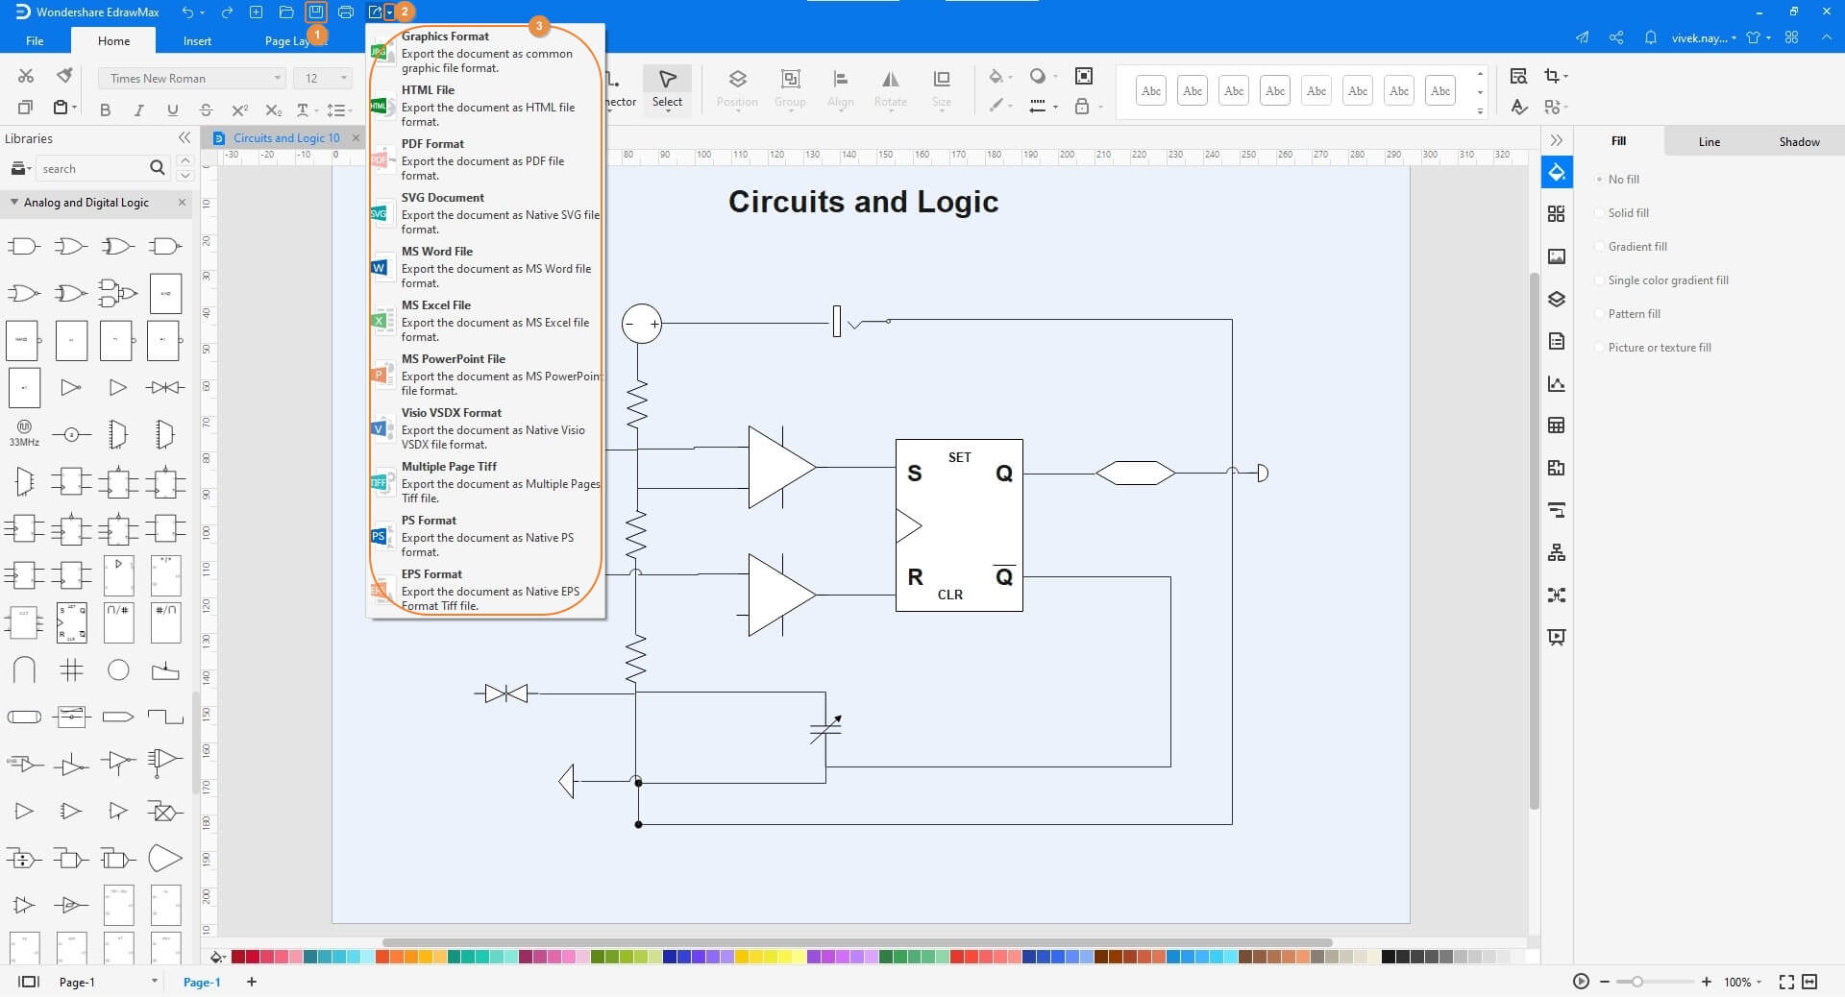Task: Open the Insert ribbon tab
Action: tap(197, 40)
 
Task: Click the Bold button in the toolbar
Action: tap(106, 110)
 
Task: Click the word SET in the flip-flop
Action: tap(959, 457)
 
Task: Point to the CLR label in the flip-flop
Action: tap(949, 595)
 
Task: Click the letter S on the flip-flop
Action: tap(914, 474)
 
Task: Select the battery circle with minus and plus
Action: tap(641, 324)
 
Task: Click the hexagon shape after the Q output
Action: tap(1135, 473)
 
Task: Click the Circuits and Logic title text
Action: tap(863, 202)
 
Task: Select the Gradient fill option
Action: tap(1636, 247)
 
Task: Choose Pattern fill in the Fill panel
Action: tap(1634, 314)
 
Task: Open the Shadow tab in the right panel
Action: tap(1798, 141)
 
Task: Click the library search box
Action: tap(92, 168)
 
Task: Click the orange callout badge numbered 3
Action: tap(539, 26)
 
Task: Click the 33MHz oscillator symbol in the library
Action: tap(24, 431)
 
